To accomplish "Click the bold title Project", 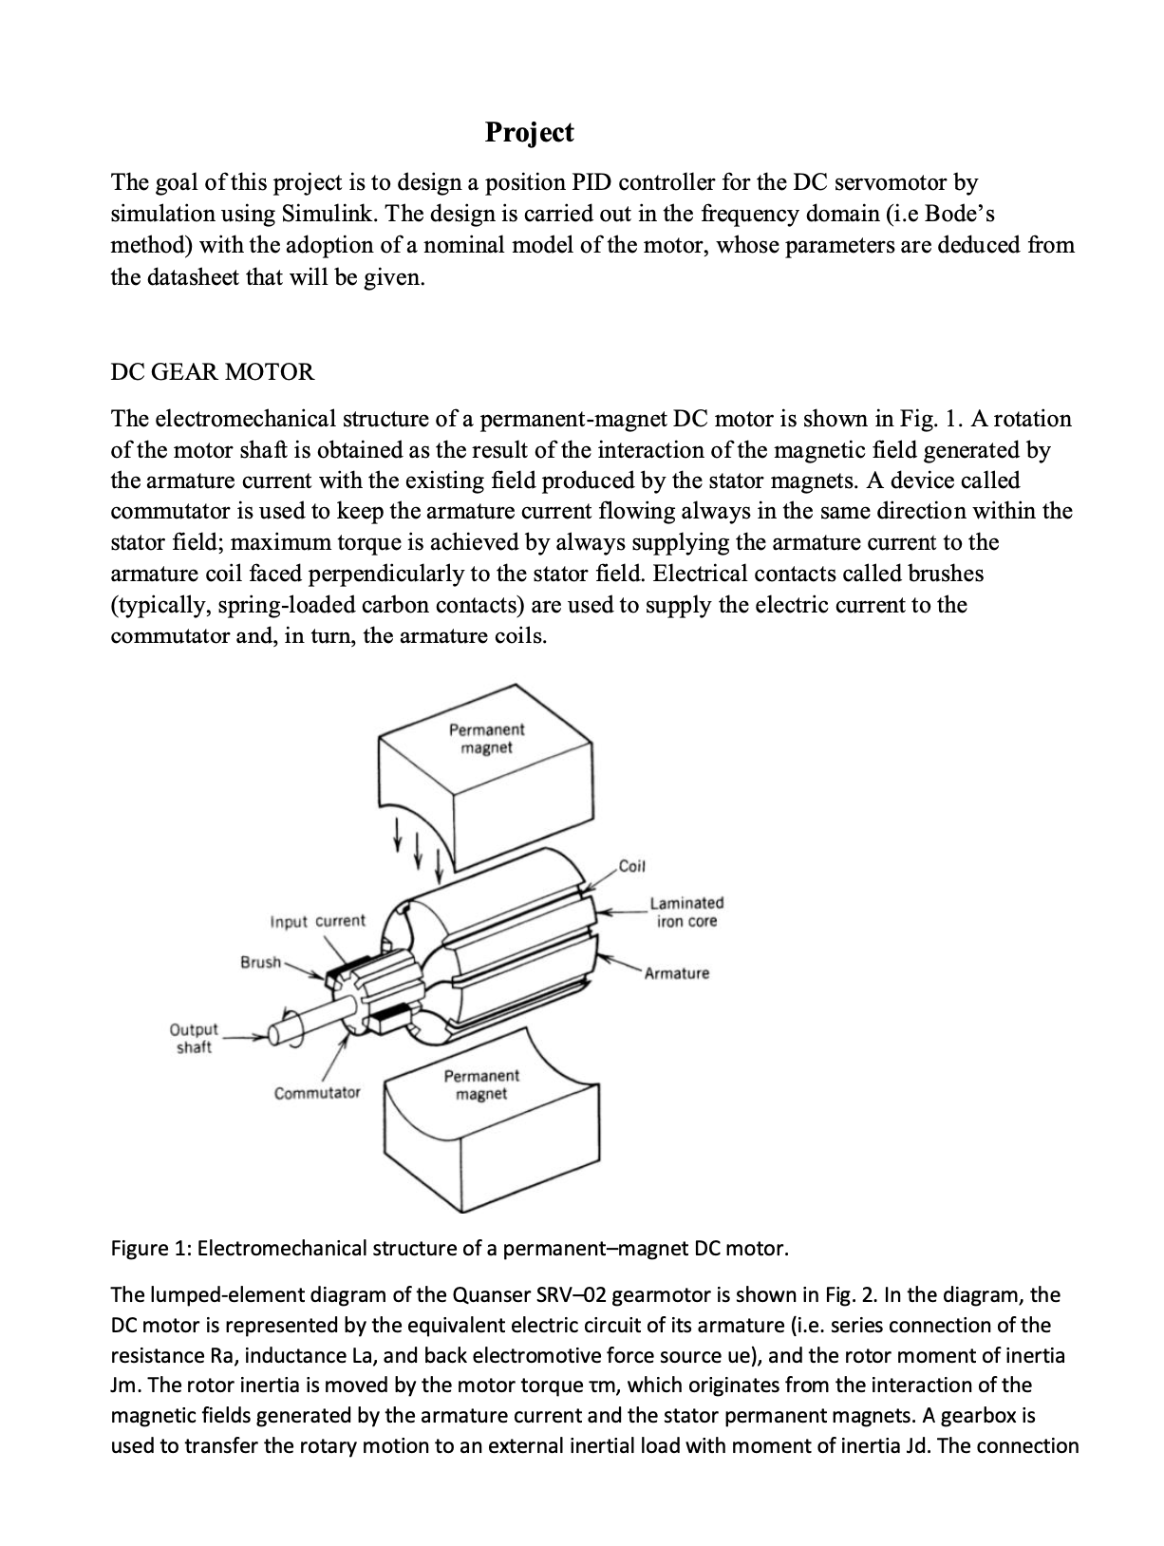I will coord(529,132).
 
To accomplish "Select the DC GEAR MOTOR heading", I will coord(212,372).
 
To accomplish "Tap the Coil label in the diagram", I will coord(631,866).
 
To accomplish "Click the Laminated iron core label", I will coord(685,912).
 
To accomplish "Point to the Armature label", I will coord(677,973).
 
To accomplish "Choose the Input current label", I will coord(317,921).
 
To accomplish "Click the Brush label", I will coord(260,962).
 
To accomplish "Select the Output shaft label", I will coord(194,1038).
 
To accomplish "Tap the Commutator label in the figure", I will coord(317,1093).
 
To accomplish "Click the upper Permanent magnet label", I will coord(486,739).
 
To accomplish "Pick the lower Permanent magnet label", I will coord(481,1084).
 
